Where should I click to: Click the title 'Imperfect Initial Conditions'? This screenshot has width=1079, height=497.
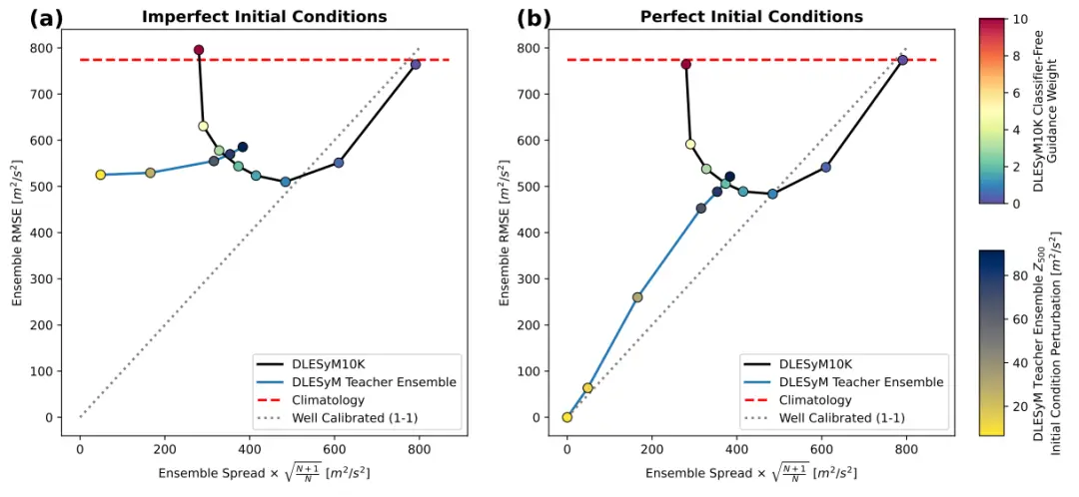click(264, 17)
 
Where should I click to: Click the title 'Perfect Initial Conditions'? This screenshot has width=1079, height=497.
click(751, 17)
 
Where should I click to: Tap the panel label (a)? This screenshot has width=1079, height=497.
click(47, 17)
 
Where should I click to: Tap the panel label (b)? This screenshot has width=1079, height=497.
click(534, 17)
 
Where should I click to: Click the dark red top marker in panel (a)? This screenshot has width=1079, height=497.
click(199, 50)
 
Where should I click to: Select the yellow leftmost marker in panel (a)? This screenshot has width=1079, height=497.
click(101, 175)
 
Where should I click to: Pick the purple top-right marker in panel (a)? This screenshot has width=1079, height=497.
click(416, 65)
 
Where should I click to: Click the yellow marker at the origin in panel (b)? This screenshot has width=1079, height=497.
click(567, 417)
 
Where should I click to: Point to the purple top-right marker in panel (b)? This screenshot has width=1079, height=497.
click(902, 60)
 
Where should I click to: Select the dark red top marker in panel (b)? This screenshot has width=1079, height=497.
click(686, 65)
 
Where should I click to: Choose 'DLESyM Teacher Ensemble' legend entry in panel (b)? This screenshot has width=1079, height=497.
click(860, 382)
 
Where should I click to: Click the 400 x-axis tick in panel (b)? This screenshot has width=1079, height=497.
click(737, 449)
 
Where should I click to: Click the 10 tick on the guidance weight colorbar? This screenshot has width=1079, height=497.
click(1020, 19)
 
